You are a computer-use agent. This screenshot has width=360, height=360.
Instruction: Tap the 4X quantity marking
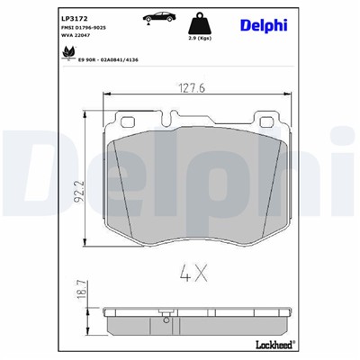click(193, 271)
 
